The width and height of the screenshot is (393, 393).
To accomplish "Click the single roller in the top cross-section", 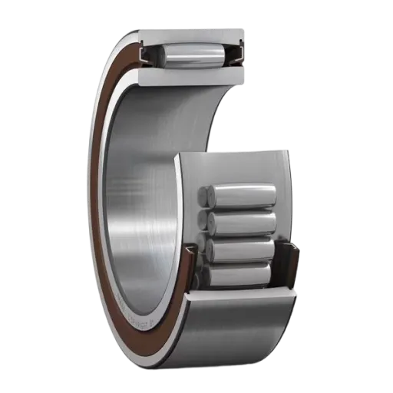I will tap(193, 58).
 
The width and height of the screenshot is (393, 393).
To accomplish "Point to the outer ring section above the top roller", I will tap(192, 35).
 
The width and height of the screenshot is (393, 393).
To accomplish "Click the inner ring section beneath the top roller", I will tap(192, 77).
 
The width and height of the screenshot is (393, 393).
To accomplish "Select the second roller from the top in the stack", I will tap(241, 223).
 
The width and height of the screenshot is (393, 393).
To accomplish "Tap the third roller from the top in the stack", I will tap(243, 249).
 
